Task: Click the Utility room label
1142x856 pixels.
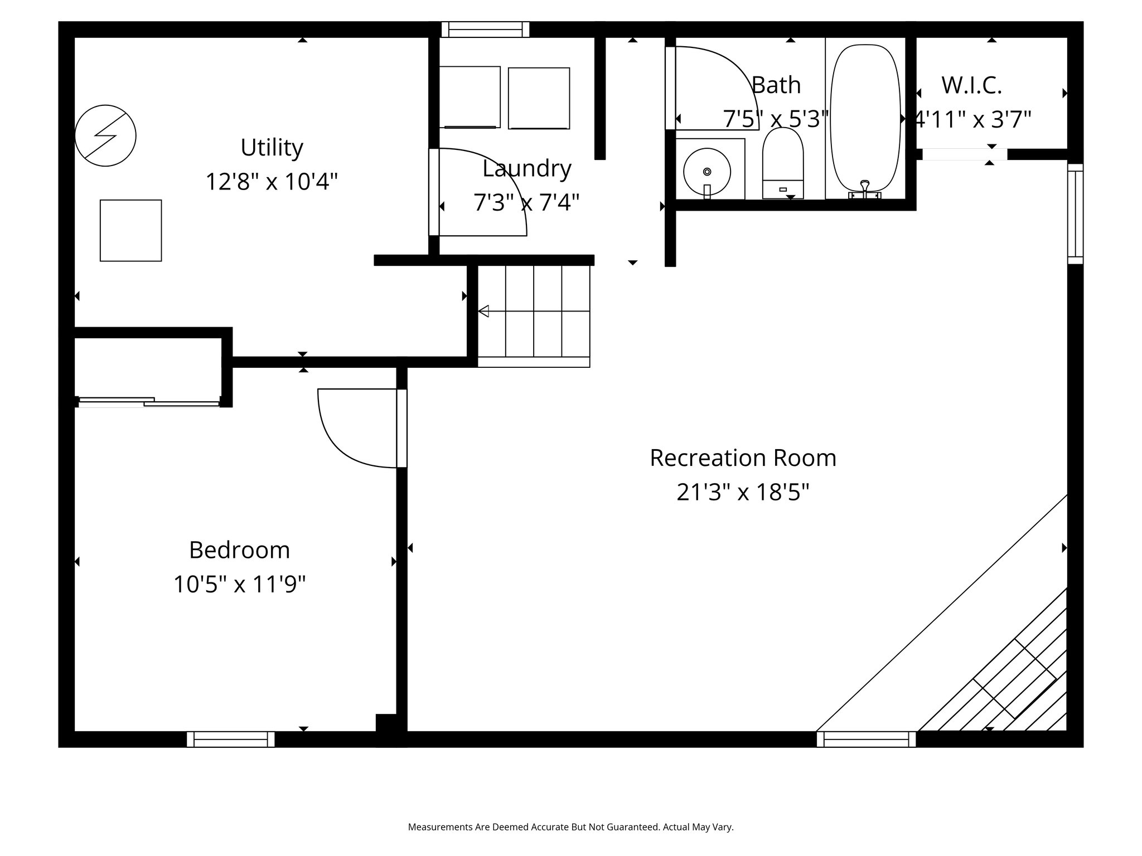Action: pyautogui.click(x=272, y=148)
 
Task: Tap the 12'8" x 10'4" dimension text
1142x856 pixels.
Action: pyautogui.click(x=272, y=182)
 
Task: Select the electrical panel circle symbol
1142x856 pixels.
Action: pyautogui.click(x=105, y=135)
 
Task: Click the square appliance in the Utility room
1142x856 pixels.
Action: pyautogui.click(x=130, y=230)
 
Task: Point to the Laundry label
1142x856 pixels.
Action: pyautogui.click(x=526, y=168)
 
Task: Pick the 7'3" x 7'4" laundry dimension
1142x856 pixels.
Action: pyautogui.click(x=526, y=202)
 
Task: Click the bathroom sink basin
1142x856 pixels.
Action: pyautogui.click(x=707, y=172)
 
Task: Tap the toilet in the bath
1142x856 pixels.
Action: pyautogui.click(x=783, y=162)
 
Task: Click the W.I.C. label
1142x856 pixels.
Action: pyautogui.click(x=971, y=85)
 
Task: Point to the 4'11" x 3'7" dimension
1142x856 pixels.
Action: pyautogui.click(x=972, y=119)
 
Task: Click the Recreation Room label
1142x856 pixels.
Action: pyautogui.click(x=743, y=458)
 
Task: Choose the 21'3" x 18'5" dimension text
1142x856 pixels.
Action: pyautogui.click(x=743, y=492)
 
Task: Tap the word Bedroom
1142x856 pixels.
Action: pyautogui.click(x=239, y=550)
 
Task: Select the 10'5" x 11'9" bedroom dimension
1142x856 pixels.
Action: pyautogui.click(x=239, y=585)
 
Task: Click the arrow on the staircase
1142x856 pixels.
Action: pyautogui.click(x=483, y=311)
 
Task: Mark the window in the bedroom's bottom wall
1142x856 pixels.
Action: pyautogui.click(x=230, y=739)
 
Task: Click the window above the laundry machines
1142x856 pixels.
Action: pyautogui.click(x=485, y=29)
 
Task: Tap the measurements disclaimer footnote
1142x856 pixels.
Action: pyautogui.click(x=570, y=826)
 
